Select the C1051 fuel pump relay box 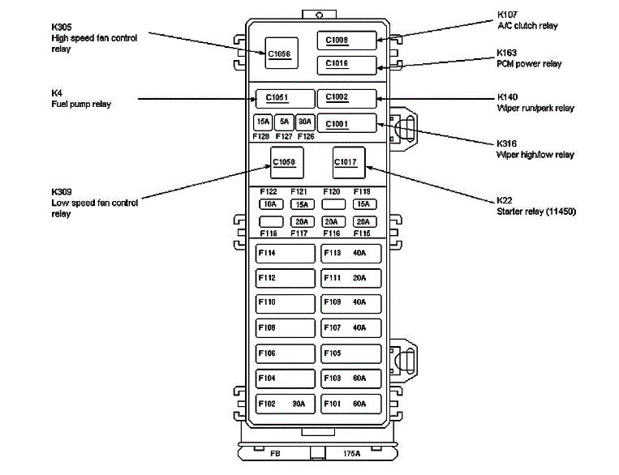tap(285, 98)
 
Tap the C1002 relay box tap(346, 98)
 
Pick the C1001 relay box tap(346, 123)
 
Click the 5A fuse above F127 tap(283, 122)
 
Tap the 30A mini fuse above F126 tap(304, 122)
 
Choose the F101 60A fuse tap(350, 403)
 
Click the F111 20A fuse tap(350, 278)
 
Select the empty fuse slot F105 tap(350, 353)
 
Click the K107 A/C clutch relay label tap(527, 20)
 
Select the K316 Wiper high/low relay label tap(535, 149)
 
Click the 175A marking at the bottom tap(352, 454)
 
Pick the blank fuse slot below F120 tap(332, 204)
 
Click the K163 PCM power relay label tap(528, 58)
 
